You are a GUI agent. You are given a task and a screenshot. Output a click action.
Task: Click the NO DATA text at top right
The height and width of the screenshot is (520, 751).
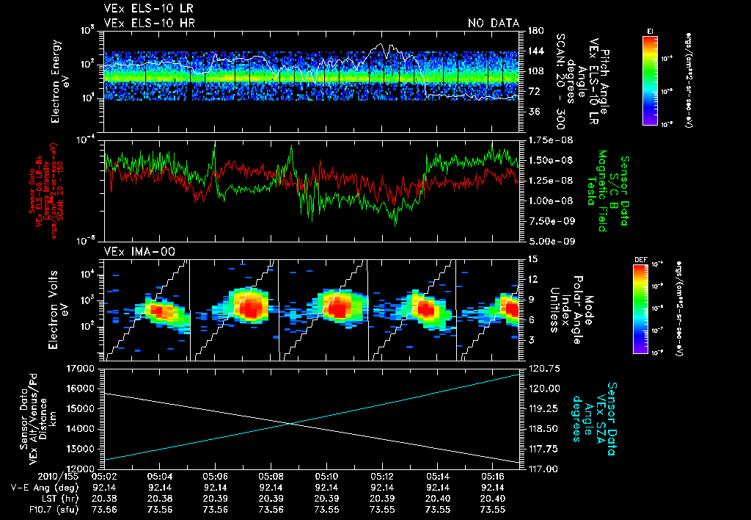493,24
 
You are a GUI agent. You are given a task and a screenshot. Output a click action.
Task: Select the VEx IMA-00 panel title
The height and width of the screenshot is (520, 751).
133,252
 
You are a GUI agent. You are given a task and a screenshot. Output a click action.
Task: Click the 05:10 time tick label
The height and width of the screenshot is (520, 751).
326,476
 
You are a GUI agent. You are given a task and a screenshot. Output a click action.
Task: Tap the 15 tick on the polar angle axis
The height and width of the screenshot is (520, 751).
532,259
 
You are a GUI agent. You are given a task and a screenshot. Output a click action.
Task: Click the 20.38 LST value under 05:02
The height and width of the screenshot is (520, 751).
105,498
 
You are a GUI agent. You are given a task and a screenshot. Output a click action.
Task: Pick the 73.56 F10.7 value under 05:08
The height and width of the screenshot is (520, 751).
271,509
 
